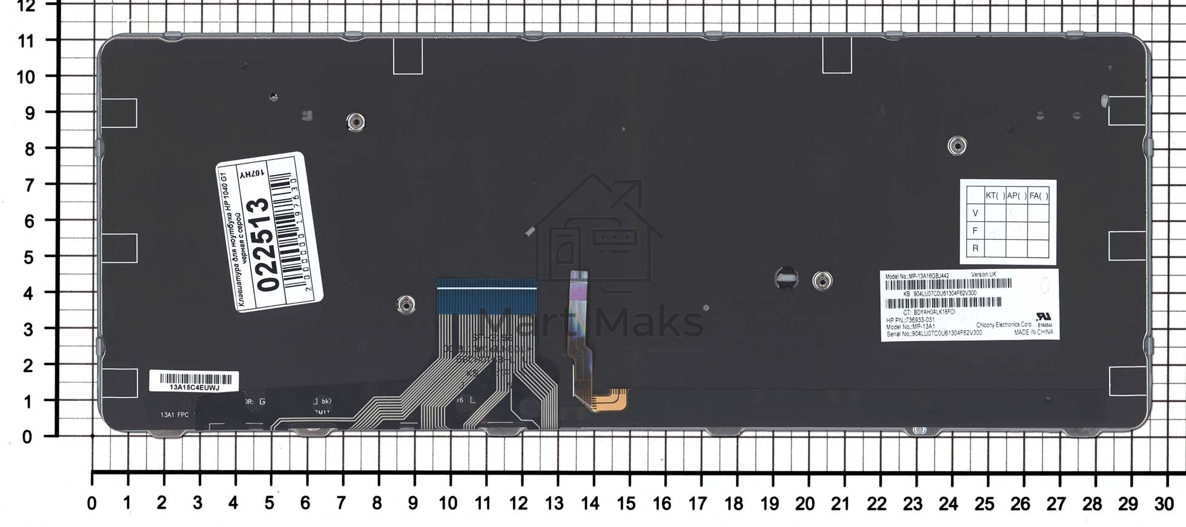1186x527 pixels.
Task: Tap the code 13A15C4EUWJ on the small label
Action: pyautogui.click(x=194, y=387)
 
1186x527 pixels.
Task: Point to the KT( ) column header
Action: pyautogui.click(x=995, y=196)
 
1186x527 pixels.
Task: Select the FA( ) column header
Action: pyautogui.click(x=1038, y=196)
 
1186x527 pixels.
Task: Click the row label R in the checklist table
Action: pyautogui.click(x=975, y=248)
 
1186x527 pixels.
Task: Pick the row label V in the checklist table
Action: pyautogui.click(x=975, y=213)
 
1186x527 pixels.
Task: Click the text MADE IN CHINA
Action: pyautogui.click(x=1033, y=333)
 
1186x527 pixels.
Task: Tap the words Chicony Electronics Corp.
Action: pyautogui.click(x=1004, y=325)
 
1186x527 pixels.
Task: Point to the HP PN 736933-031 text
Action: pyautogui.click(x=910, y=320)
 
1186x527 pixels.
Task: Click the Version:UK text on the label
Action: pyautogui.click(x=983, y=274)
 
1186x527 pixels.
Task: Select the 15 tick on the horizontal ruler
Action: pyautogui.click(x=626, y=503)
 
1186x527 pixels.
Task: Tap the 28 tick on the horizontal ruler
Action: pyautogui.click(x=1092, y=503)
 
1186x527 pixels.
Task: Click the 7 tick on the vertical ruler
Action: pyautogui.click(x=29, y=185)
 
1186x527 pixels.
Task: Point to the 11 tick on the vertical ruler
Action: pyautogui.click(x=26, y=41)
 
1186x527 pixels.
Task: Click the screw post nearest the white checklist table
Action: pyautogui.click(x=956, y=146)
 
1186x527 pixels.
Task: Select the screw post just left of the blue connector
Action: pyautogui.click(x=406, y=304)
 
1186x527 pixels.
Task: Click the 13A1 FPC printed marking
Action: pyautogui.click(x=174, y=415)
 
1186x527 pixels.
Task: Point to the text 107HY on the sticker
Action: pyautogui.click(x=252, y=174)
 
